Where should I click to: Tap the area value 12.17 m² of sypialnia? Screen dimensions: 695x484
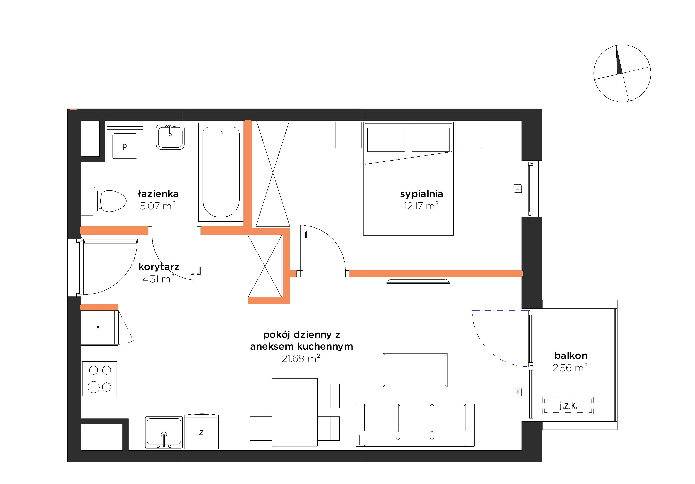point(421,206)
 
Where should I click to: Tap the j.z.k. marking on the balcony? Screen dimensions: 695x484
point(568,405)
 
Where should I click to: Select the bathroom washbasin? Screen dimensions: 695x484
point(170,137)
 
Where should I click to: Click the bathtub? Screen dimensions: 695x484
point(221,172)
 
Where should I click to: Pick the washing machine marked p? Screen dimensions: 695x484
point(125,144)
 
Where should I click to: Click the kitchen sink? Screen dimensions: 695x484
point(164,432)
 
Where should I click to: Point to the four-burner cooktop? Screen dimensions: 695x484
point(100,378)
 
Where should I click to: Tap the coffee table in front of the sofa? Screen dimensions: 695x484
point(415,370)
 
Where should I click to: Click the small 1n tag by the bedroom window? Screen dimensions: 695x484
point(518,188)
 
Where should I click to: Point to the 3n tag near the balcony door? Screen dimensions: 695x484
point(518,392)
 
